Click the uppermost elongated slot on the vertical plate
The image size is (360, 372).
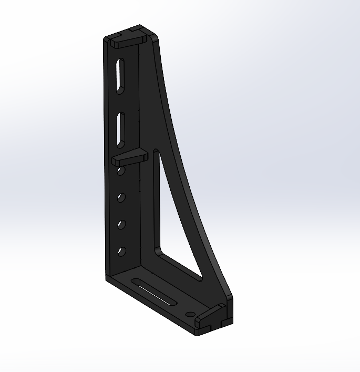[120, 76]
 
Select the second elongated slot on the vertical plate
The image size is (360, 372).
[121, 129]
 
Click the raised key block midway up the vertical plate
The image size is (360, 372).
[129, 157]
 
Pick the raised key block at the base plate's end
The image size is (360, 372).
[212, 318]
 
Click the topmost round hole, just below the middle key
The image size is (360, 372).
[121, 171]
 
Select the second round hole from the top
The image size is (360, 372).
[121, 197]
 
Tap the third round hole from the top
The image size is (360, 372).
[121, 225]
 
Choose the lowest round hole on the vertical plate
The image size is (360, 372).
[122, 252]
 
